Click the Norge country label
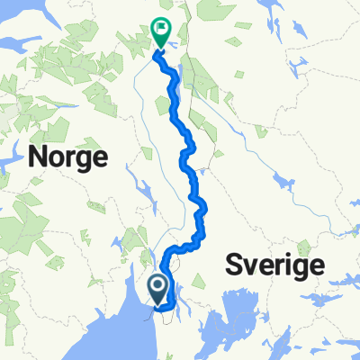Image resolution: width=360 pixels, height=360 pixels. [x=68, y=157]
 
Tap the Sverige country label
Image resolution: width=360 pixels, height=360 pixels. [x=274, y=266]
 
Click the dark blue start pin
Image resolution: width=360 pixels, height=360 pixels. [x=157, y=291]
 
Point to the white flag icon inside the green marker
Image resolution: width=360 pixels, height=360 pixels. [x=161, y=29]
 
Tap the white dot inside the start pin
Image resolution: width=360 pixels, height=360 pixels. [x=157, y=286]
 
